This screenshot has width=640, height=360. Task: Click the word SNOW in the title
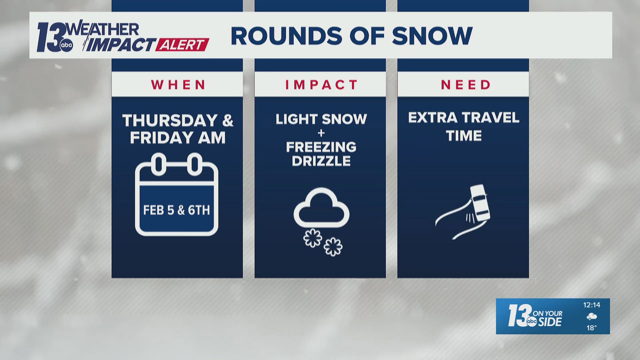[x=432, y=36]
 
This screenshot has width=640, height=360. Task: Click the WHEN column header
[x=178, y=85]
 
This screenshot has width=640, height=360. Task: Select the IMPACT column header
[x=321, y=85]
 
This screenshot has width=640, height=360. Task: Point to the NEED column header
[x=466, y=85]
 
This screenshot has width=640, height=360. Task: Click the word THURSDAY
[x=170, y=120]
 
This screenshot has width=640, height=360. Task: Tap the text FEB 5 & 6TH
[x=176, y=210]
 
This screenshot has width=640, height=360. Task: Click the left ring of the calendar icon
[x=159, y=164]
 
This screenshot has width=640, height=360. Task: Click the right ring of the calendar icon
[x=195, y=164]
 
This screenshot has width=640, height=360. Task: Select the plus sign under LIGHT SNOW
[x=321, y=133]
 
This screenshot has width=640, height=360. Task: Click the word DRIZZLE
[x=321, y=161]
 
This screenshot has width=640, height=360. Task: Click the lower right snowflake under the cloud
[x=333, y=247]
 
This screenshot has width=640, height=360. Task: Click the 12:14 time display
[x=591, y=305]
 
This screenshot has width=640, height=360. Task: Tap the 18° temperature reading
[x=591, y=328]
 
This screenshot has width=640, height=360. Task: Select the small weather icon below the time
[x=592, y=317]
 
